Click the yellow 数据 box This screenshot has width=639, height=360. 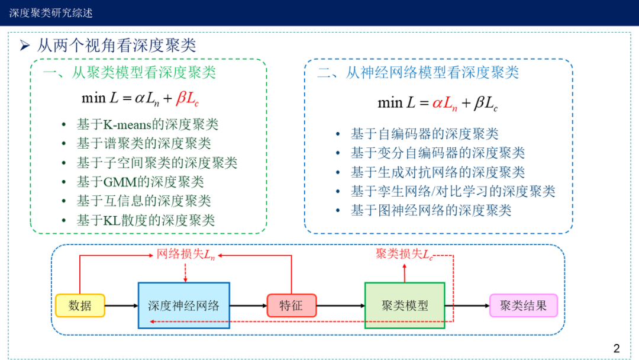[x=80, y=306]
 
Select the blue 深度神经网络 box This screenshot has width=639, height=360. [x=183, y=306]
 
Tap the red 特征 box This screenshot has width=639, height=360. [x=291, y=306]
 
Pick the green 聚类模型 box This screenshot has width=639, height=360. [x=405, y=306]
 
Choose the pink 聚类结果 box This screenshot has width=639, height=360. [x=523, y=306]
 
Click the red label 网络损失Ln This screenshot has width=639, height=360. [x=186, y=255]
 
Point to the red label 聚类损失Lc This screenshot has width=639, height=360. [x=404, y=254]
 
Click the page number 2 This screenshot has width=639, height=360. [x=617, y=348]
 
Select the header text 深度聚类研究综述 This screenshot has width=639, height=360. [x=51, y=12]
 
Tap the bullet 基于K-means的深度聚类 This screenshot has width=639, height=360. [x=147, y=124]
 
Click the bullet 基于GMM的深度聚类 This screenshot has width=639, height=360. [x=140, y=182]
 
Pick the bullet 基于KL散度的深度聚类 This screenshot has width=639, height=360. [x=146, y=220]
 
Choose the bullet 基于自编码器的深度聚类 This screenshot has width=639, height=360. [x=424, y=134]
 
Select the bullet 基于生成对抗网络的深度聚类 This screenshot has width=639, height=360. [x=438, y=172]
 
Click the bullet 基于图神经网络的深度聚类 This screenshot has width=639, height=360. [x=431, y=210]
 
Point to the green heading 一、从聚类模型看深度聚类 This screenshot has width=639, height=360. [x=130, y=73]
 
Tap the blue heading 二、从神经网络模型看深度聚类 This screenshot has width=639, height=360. [x=418, y=73]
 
